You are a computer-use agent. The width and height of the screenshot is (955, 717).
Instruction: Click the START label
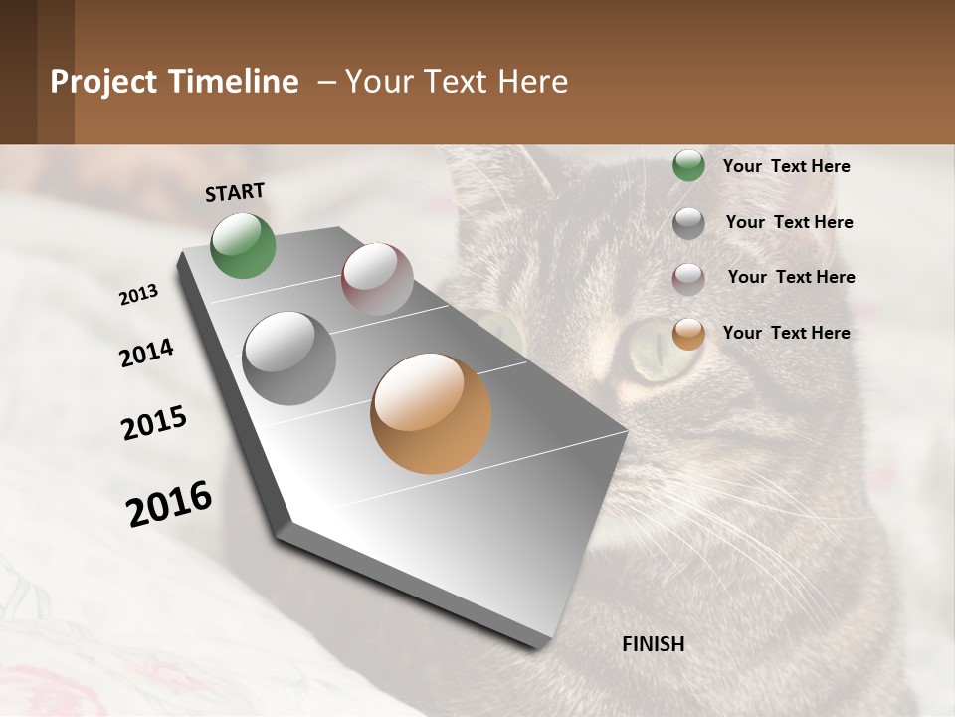click(235, 192)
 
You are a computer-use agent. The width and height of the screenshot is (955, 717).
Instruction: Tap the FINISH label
click(653, 644)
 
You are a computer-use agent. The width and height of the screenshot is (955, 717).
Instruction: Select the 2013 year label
click(139, 295)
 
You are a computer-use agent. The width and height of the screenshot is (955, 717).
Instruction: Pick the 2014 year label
click(146, 354)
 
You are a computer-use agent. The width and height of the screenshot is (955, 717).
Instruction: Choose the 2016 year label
click(169, 504)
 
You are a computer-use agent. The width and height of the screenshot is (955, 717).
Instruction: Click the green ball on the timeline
click(244, 245)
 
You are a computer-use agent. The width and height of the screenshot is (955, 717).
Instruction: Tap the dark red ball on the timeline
click(377, 279)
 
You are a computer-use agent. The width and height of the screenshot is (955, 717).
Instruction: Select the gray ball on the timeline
click(289, 358)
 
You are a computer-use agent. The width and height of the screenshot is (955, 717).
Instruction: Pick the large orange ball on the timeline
click(431, 413)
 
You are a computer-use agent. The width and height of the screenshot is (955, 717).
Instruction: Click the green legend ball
click(688, 165)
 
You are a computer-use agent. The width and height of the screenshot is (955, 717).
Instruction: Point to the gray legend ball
click(688, 223)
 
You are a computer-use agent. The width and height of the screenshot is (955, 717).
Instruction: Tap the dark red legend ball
click(688, 279)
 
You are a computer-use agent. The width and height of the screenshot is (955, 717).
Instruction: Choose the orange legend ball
click(688, 334)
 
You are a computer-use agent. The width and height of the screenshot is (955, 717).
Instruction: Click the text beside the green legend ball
click(786, 166)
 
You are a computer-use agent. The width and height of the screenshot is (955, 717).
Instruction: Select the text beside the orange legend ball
click(786, 333)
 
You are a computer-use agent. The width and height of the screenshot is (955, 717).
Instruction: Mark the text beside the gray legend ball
click(789, 222)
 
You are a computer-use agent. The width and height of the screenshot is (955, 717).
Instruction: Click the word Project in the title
click(103, 82)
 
